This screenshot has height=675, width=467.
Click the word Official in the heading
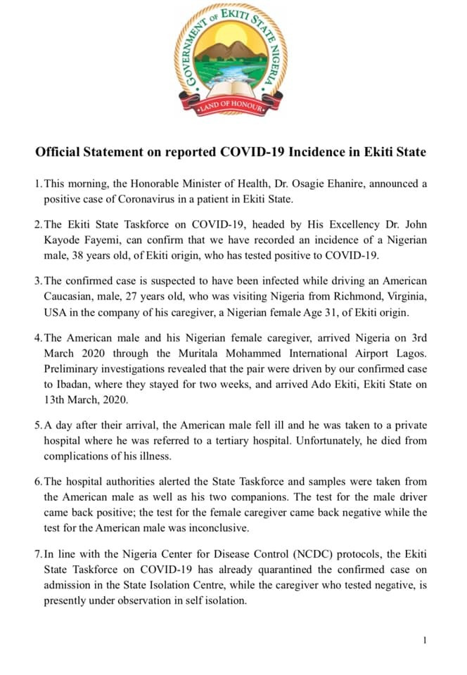pyautogui.click(x=59, y=152)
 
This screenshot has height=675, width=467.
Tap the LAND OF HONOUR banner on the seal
pyautogui.click(x=231, y=108)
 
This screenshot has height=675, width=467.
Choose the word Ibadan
pyautogui.click(x=76, y=385)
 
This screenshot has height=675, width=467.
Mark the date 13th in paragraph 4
pyautogui.click(x=58, y=399)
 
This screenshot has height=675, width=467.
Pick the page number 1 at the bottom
pyautogui.click(x=426, y=640)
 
